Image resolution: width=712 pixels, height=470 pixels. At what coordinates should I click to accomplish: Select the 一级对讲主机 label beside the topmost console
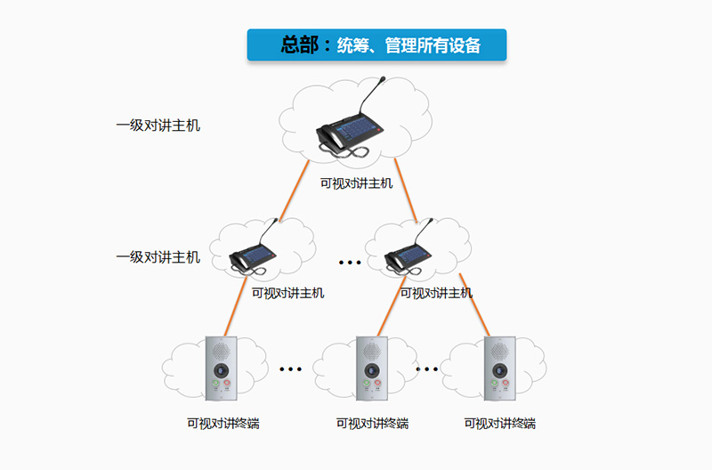pyautogui.click(x=158, y=126)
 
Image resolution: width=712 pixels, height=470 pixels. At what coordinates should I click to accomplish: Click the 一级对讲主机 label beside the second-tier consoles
pyautogui.click(x=158, y=257)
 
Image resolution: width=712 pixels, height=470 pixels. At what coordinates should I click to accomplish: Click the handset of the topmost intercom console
pyautogui.click(x=331, y=136)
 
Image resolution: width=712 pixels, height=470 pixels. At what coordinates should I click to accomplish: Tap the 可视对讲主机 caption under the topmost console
pyautogui.click(x=356, y=184)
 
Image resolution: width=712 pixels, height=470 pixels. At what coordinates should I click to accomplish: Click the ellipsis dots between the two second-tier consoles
pyautogui.click(x=350, y=263)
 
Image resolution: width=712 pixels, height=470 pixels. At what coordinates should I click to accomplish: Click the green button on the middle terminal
pyautogui.click(x=366, y=385)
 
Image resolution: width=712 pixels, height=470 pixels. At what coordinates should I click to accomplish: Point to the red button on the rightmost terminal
pyautogui.click(x=504, y=385)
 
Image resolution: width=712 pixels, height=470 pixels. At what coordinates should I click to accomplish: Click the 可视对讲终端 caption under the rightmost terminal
pyautogui.click(x=500, y=424)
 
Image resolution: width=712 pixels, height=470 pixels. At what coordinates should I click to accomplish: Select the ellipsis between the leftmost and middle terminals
pyautogui.click(x=291, y=369)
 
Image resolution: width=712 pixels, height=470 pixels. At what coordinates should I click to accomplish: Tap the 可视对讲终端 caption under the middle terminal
pyautogui.click(x=372, y=424)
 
